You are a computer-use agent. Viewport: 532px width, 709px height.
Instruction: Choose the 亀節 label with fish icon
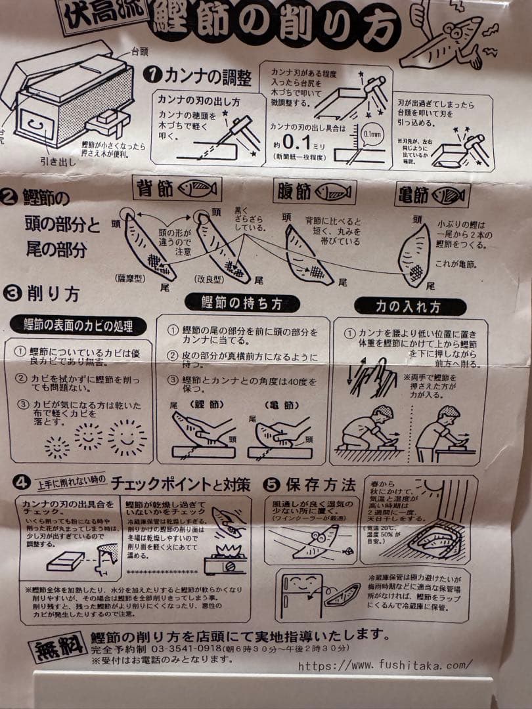click(433, 194)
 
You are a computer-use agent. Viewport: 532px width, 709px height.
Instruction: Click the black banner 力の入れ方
click(410, 307)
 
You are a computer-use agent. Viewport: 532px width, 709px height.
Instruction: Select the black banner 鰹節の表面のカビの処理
click(78, 324)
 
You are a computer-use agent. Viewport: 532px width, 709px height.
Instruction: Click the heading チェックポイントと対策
click(180, 484)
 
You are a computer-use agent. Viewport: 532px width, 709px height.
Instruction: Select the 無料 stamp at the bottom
click(58, 647)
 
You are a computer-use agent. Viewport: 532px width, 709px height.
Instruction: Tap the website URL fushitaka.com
click(385, 664)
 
